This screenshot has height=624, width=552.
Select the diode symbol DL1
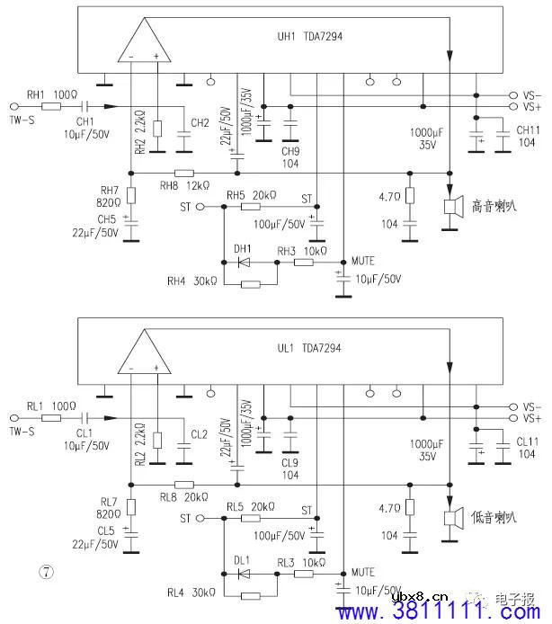click(244, 572)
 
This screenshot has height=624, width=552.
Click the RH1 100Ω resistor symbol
click(52, 105)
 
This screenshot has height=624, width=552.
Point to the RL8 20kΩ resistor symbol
click(183, 483)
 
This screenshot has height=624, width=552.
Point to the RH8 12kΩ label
click(184, 185)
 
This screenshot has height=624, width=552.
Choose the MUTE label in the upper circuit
click(363, 260)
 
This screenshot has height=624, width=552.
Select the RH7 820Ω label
click(109, 196)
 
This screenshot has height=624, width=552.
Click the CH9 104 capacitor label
click(289, 157)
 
